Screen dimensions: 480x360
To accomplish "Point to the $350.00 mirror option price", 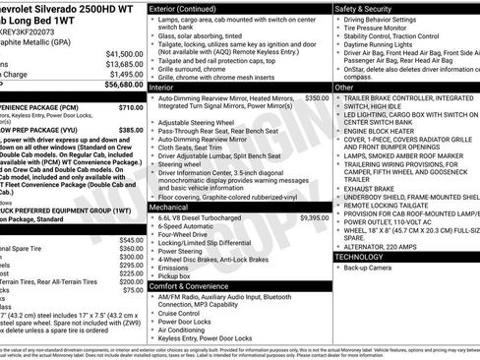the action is point(316,98).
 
